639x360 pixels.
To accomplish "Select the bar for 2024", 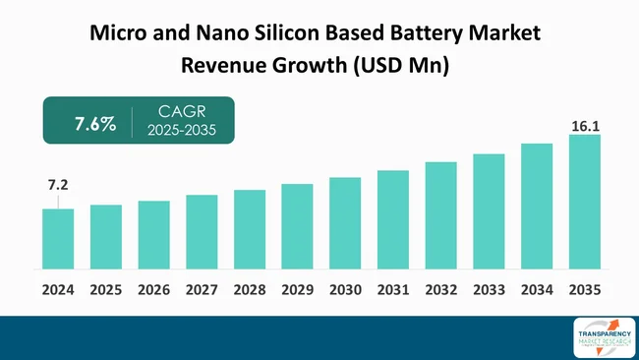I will pyautogui.click(x=58, y=238).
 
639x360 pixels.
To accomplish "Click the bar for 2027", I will pyautogui.click(x=202, y=231).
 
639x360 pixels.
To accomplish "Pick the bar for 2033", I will pyautogui.click(x=489, y=210).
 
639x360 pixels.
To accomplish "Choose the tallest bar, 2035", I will pyautogui.click(x=584, y=201).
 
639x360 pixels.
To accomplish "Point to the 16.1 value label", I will pyautogui.click(x=584, y=126).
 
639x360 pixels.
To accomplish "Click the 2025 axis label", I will pyautogui.click(x=106, y=290).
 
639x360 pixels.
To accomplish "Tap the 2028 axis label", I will pyautogui.click(x=250, y=290).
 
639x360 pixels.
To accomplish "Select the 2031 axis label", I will pyautogui.click(x=393, y=290).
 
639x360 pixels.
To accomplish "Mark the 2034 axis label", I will pyautogui.click(x=537, y=290).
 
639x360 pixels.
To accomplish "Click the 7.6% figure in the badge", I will pyautogui.click(x=95, y=124).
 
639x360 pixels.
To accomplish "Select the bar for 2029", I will pyautogui.click(x=297, y=226).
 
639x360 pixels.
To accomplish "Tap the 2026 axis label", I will pyautogui.click(x=154, y=290).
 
